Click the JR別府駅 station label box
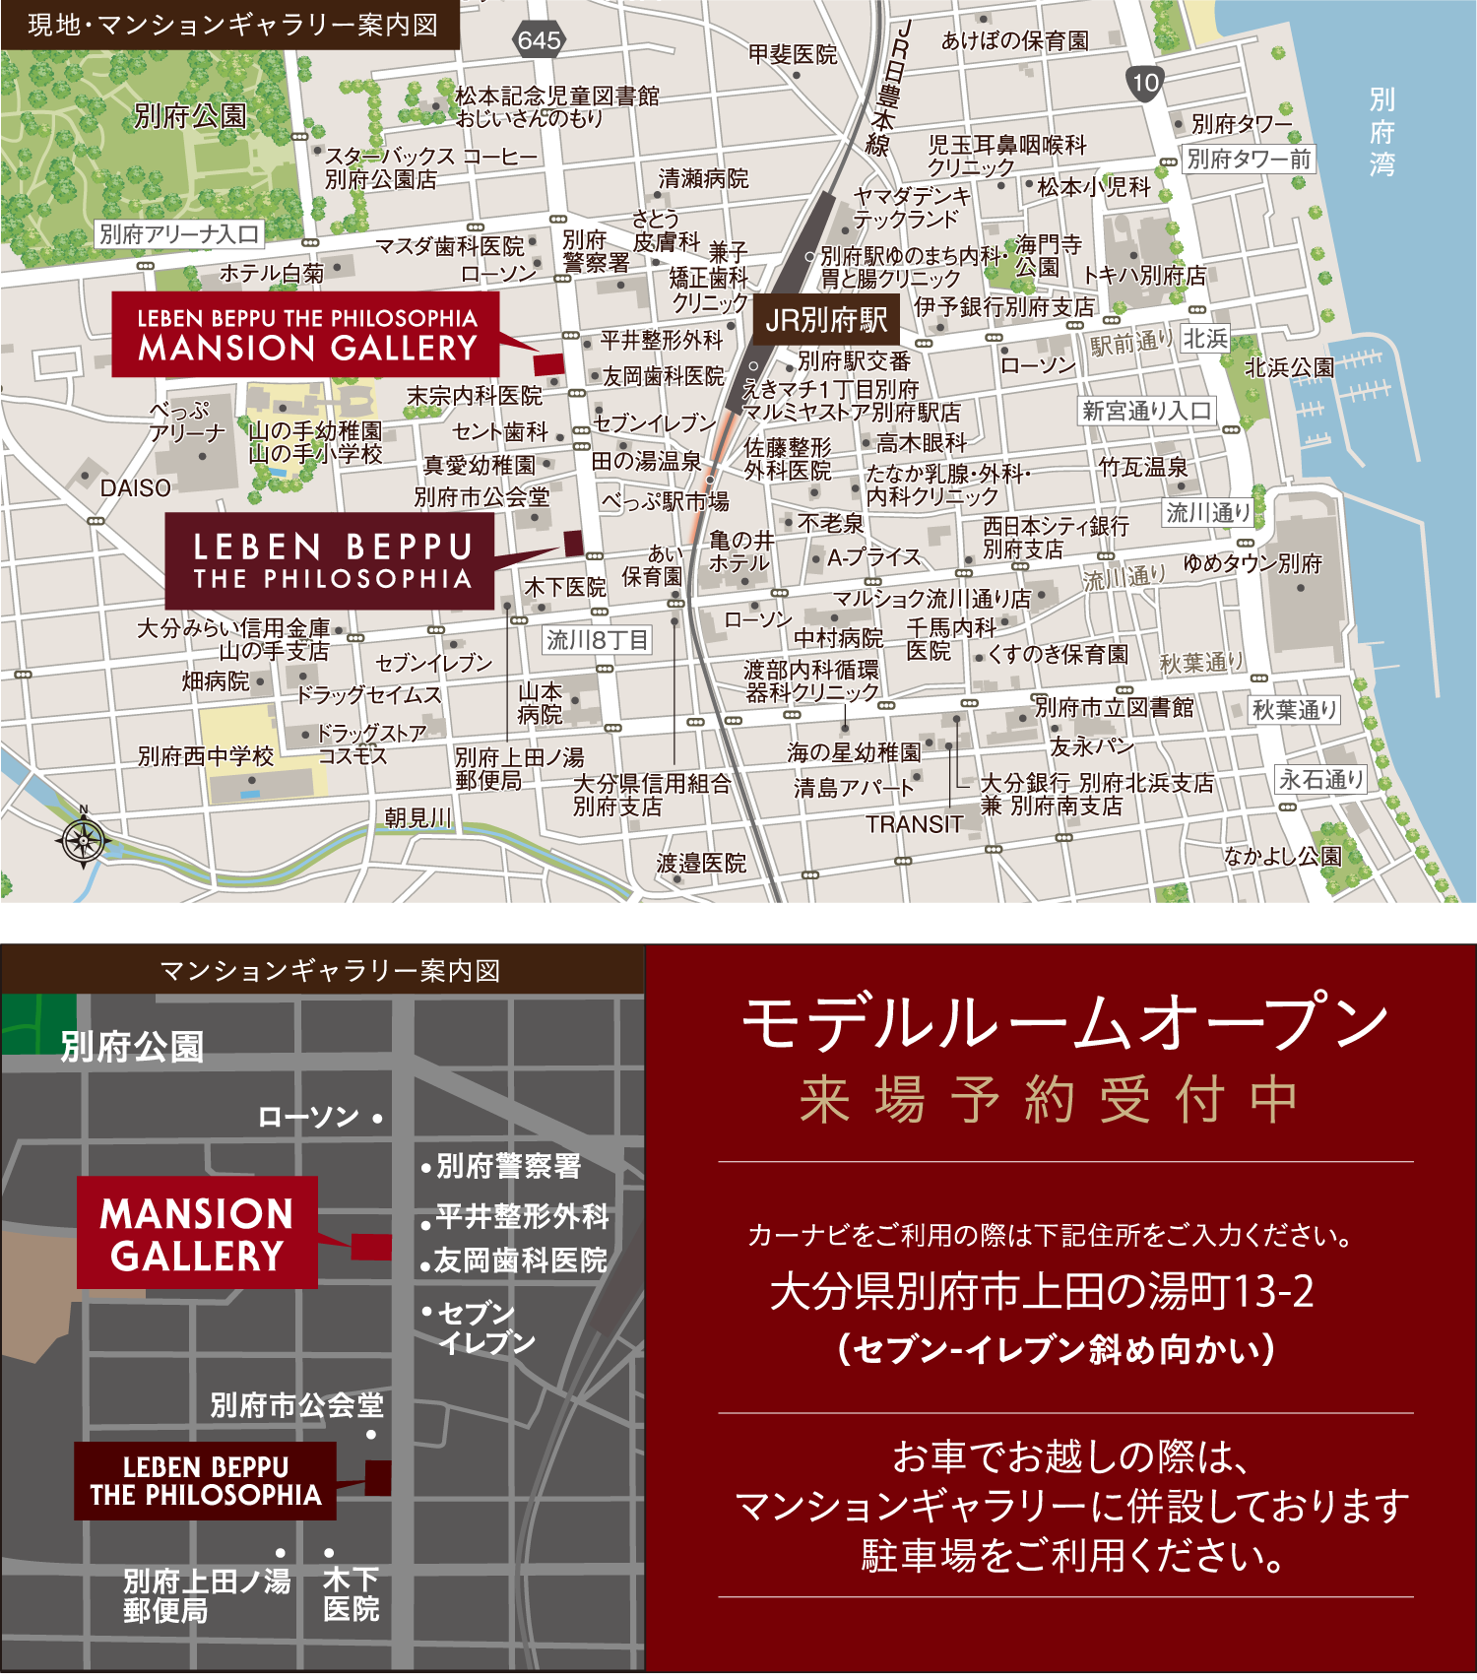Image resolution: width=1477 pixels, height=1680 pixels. click(826, 320)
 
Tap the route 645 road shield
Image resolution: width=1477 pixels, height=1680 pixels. click(539, 40)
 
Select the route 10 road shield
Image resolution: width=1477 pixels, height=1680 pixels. click(1145, 83)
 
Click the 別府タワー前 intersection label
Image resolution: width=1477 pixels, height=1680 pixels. click(1249, 159)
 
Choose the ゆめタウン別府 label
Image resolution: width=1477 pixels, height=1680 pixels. click(1252, 563)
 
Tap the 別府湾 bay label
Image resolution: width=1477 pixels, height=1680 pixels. click(1381, 131)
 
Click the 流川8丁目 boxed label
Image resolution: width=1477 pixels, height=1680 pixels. click(597, 640)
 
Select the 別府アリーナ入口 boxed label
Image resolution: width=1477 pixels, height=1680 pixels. click(179, 234)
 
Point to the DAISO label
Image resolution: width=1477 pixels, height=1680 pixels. click(135, 487)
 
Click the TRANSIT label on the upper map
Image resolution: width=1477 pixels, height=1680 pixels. click(915, 824)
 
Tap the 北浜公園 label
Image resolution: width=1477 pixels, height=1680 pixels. click(1289, 367)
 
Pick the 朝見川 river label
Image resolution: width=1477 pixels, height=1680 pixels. click(418, 817)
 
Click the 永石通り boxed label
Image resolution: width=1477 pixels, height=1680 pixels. click(1320, 780)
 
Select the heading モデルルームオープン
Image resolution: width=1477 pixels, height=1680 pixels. click(1065, 1023)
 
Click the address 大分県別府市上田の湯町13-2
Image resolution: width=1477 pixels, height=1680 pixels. click(1042, 1291)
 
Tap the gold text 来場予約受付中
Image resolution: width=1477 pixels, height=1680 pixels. click(1049, 1099)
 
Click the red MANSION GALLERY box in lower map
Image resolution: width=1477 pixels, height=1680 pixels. click(197, 1233)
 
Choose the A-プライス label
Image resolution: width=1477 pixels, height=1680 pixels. click(873, 558)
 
